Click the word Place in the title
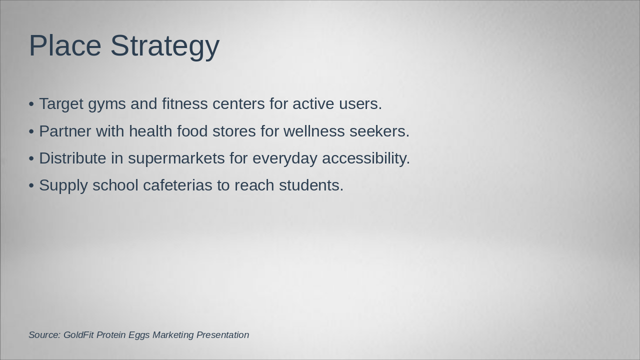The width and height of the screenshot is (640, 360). pyautogui.click(x=65, y=45)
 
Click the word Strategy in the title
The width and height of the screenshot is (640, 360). pyautogui.click(x=164, y=46)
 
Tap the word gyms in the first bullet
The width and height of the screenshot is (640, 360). pyautogui.click(x=107, y=104)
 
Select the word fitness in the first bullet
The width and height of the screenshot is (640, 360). pyautogui.click(x=184, y=103)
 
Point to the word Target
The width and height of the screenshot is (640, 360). pyautogui.click(x=61, y=104)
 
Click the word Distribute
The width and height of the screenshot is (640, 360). pyautogui.click(x=72, y=158)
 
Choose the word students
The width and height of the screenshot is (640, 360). pyautogui.click(x=311, y=185)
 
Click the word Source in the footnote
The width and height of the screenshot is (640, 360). pyautogui.click(x=44, y=335)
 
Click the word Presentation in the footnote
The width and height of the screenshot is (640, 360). pyautogui.click(x=222, y=335)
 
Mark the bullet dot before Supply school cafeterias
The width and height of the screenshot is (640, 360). pyautogui.click(x=31, y=185)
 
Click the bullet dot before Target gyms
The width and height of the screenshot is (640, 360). pyautogui.click(x=31, y=104)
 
